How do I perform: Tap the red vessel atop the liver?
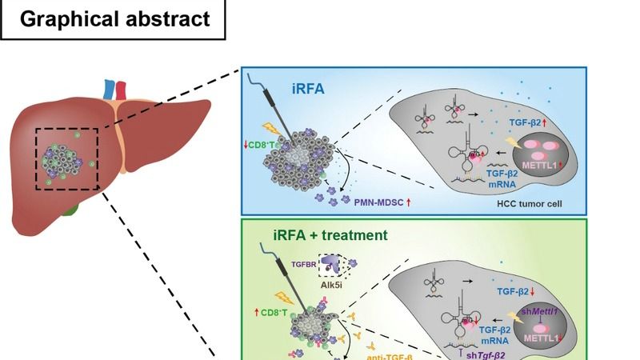coord(121,89)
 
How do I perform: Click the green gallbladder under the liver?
coord(73,211)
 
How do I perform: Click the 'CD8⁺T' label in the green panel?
coord(261,310)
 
